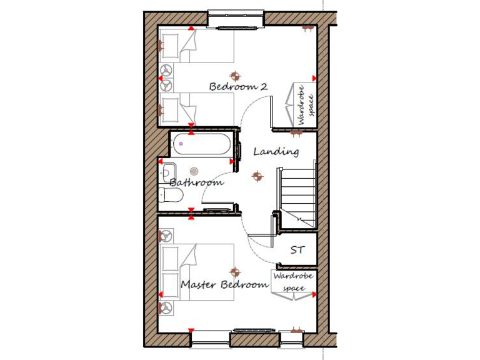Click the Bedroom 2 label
[238, 86]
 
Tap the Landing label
[276, 151]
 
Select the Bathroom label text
[196, 182]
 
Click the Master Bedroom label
[224, 284]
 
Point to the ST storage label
[297, 250]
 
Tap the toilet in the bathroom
[170, 196]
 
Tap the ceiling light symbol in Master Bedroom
[235, 272]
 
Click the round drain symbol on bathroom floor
[194, 171]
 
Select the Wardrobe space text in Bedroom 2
[304, 104]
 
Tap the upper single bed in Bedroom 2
[196, 46]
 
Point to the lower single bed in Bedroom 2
[196, 109]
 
